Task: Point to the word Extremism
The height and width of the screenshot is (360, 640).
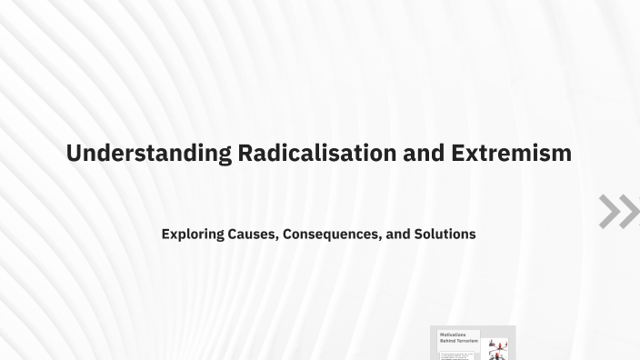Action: click(511, 153)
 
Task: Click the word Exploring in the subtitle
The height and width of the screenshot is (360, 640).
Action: click(193, 234)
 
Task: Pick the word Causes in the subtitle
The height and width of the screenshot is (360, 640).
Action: click(251, 234)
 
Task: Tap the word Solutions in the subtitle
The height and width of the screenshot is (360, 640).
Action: click(445, 234)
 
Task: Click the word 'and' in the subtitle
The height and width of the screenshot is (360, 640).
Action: click(398, 234)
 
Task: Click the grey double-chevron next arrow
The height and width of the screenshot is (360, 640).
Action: click(618, 211)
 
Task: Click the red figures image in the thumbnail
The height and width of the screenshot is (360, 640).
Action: click(497, 346)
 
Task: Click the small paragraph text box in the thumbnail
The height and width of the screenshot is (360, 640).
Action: click(456, 355)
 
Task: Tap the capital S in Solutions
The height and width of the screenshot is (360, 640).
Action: click(418, 234)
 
